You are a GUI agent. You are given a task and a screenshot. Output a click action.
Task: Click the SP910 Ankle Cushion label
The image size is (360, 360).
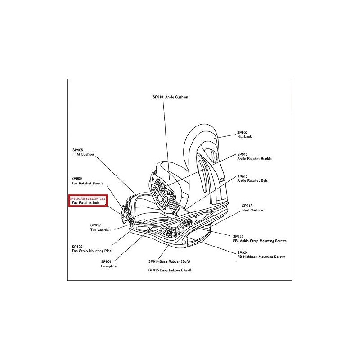pos(170,97)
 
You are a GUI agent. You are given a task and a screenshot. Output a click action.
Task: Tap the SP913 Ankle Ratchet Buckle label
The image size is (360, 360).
pos(254,156)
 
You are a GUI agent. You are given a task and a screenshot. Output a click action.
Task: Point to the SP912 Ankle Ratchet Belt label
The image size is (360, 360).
pos(252,178)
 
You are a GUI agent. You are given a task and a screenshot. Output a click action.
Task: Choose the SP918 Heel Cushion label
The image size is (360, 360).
pos(252,207)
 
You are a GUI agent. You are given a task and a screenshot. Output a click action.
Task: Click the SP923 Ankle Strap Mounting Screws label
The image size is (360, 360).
pos(260,238)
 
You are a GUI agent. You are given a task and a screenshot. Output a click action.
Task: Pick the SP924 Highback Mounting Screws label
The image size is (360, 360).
pos(259,254)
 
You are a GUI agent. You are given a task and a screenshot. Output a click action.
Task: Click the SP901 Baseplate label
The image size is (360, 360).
pos(106,264)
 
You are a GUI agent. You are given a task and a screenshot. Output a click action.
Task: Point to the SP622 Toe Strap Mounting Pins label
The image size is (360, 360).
pos(91,248)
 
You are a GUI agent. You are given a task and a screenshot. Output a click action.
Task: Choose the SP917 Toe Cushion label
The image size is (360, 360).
pos(100,227)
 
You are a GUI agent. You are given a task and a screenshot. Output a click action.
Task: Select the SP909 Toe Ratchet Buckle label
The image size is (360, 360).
pos(87,181)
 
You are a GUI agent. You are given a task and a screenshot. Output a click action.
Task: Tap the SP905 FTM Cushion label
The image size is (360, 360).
pos(83,152)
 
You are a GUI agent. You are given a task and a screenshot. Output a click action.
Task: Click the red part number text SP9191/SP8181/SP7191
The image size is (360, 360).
pos(87,198)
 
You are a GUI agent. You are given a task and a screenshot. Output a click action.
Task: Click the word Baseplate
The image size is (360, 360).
pos(108,266)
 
